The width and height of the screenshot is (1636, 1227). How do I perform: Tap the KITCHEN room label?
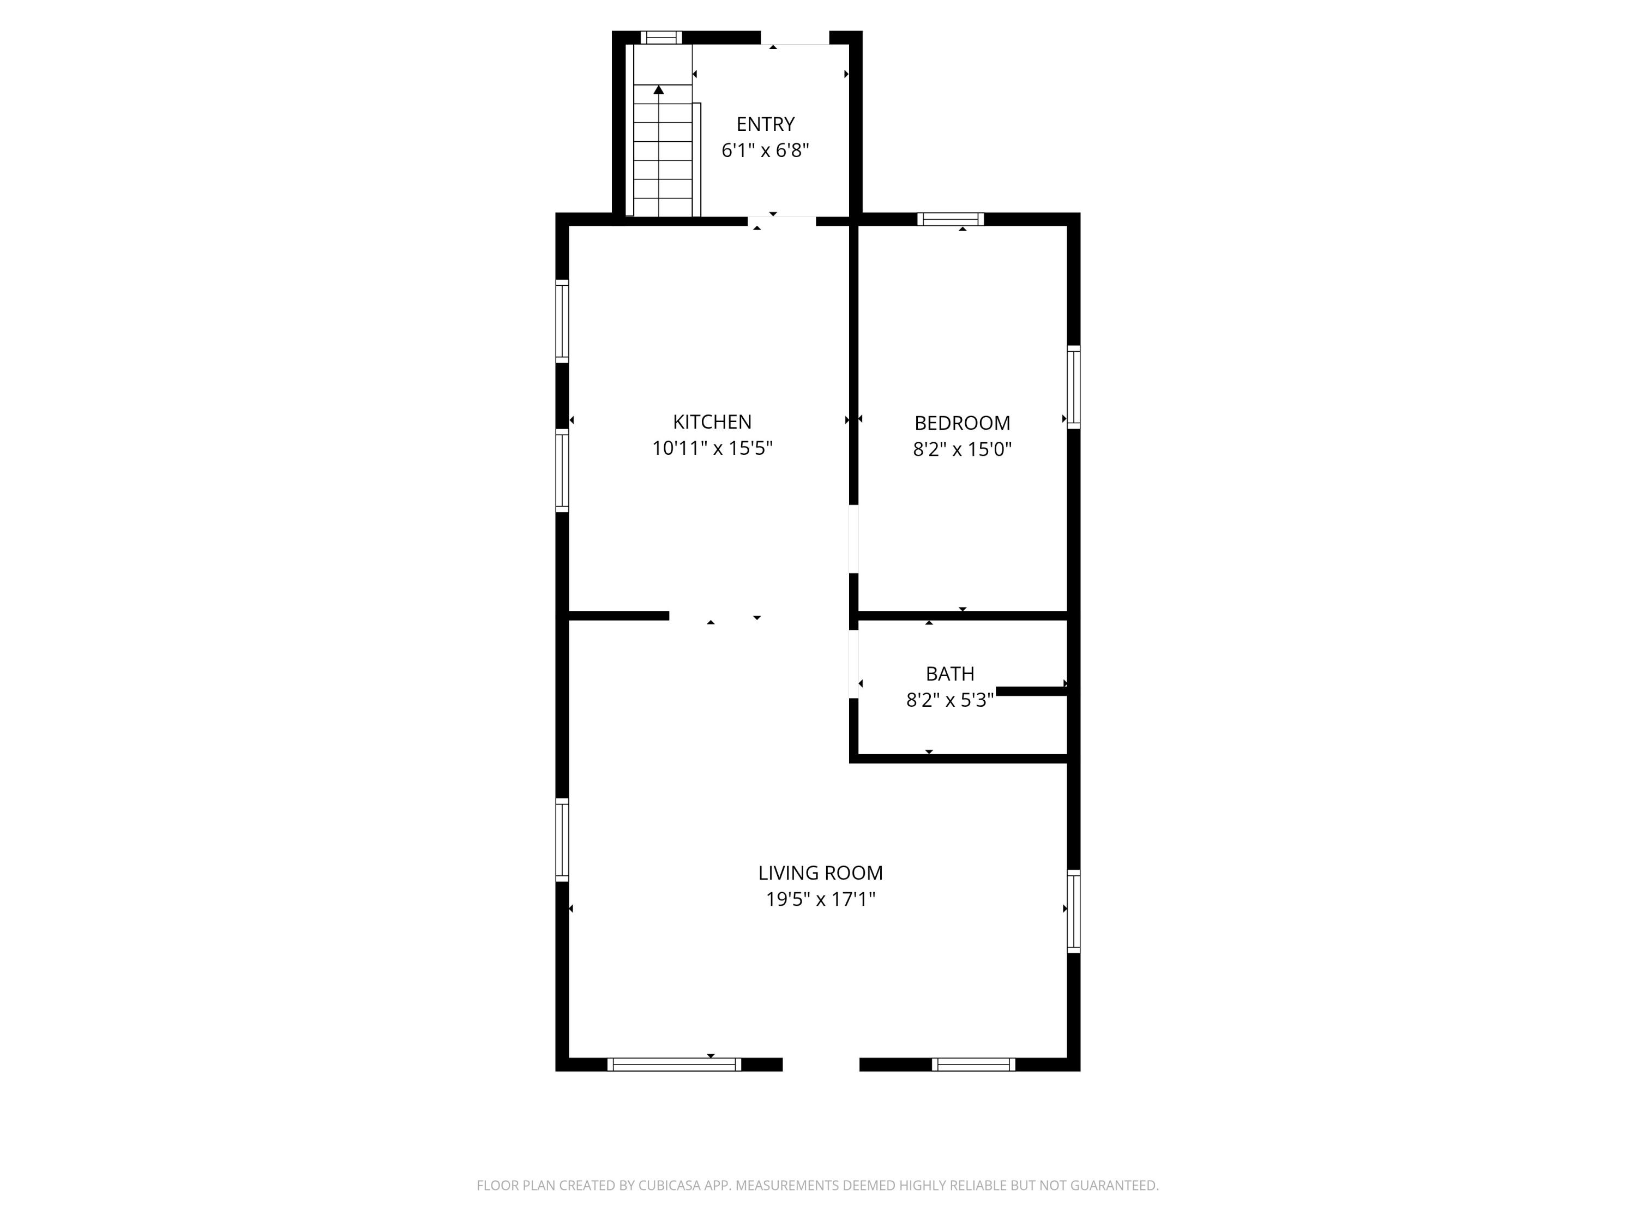click(x=712, y=422)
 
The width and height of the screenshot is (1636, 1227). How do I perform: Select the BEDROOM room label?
click(x=962, y=423)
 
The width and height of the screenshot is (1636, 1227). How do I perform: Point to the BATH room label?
click(x=951, y=674)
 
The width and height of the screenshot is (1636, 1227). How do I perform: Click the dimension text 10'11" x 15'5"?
click(x=712, y=448)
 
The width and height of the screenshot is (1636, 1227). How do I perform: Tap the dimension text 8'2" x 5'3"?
click(x=951, y=700)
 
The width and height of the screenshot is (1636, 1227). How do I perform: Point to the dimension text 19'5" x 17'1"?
click(x=820, y=899)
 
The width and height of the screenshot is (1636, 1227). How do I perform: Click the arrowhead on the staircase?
click(x=658, y=89)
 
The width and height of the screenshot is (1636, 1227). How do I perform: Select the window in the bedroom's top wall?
click(x=951, y=219)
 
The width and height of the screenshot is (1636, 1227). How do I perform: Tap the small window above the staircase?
click(x=661, y=38)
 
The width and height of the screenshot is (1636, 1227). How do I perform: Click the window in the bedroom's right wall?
click(x=1074, y=387)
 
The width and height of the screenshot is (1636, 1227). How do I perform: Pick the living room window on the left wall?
click(x=562, y=839)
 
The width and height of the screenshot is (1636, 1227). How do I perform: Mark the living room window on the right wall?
click(x=1074, y=911)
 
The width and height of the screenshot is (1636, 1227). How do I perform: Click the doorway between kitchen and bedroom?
click(x=853, y=539)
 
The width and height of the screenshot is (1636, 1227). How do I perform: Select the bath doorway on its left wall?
click(x=853, y=664)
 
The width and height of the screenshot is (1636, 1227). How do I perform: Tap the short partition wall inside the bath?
click(x=1032, y=691)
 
